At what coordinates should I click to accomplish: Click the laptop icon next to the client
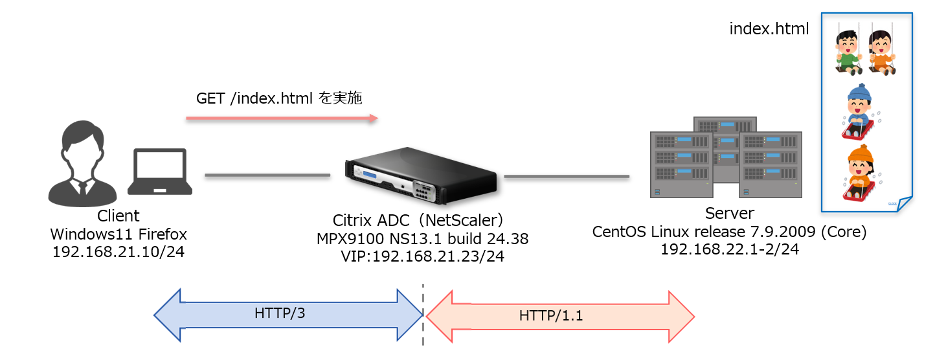[x=160, y=172]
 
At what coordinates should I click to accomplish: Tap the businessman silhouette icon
[x=82, y=166]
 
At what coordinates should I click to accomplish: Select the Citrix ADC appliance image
[x=421, y=174]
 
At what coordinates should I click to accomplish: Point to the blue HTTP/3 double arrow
[x=288, y=315]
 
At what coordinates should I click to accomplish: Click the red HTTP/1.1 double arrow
[x=560, y=316]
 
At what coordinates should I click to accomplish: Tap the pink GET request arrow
[x=282, y=118]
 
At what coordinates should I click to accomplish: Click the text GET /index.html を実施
[x=279, y=98]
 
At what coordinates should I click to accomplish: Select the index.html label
[x=769, y=29]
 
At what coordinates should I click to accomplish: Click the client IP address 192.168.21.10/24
[x=118, y=251]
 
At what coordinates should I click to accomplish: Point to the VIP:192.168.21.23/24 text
[x=422, y=256]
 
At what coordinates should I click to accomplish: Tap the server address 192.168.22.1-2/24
[x=729, y=249]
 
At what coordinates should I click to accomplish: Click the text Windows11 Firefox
[x=118, y=233]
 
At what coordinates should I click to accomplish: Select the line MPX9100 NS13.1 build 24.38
[x=422, y=239]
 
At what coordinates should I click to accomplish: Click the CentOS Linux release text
[x=729, y=231]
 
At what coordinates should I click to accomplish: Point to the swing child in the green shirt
[x=847, y=51]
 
